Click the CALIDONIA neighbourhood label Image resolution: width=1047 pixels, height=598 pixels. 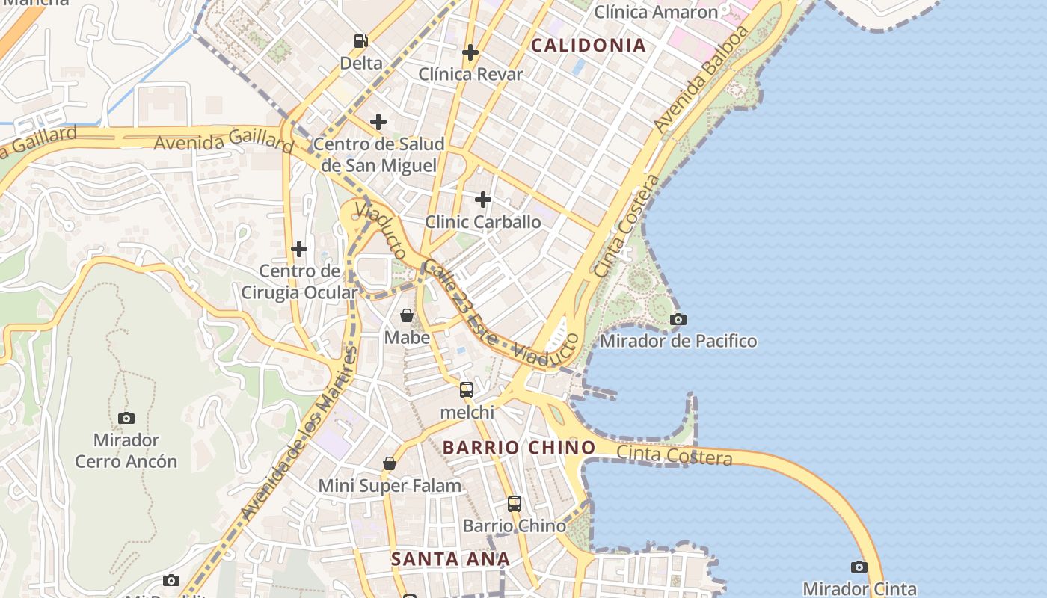(x=588, y=46)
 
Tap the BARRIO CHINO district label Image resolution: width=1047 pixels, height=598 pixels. (x=519, y=448)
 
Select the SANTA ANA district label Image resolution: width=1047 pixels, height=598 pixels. (x=450, y=558)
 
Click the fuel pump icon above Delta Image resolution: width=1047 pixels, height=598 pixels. (x=361, y=41)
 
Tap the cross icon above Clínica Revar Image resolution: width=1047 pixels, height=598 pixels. (x=470, y=52)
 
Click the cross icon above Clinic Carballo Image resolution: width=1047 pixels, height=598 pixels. (x=483, y=200)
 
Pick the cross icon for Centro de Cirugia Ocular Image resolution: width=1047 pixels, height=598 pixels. (x=299, y=248)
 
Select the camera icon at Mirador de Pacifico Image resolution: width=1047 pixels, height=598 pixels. (x=678, y=320)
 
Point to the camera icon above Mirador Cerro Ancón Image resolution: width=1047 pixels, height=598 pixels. (x=126, y=418)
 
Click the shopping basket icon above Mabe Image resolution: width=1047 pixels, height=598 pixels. (x=407, y=315)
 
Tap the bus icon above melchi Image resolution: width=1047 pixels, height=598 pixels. (x=467, y=389)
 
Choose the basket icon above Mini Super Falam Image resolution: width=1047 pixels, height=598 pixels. (x=390, y=463)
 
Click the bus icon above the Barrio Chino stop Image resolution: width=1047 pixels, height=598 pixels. (x=515, y=503)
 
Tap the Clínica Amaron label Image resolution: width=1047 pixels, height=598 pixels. (x=656, y=12)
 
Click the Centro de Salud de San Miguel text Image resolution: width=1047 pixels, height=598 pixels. (x=378, y=155)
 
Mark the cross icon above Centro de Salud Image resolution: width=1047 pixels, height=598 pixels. (x=378, y=121)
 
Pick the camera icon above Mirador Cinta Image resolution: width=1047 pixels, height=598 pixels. (x=859, y=567)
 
